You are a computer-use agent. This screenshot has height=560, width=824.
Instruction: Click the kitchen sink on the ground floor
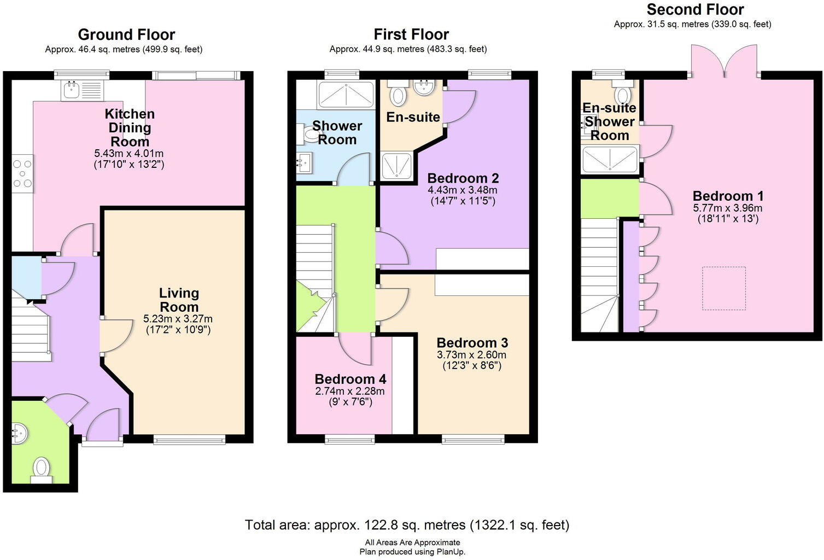pos(83,91)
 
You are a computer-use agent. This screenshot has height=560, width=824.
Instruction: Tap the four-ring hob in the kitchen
pos(23,173)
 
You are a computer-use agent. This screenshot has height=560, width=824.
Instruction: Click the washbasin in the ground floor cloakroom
pos(20,434)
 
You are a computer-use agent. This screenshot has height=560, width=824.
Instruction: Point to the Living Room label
pos(179,300)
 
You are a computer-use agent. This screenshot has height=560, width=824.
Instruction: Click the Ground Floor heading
pos(126,34)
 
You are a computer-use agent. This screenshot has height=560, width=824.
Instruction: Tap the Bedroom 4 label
pos(350,378)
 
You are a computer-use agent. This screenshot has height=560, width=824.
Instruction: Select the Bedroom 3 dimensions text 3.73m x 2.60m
pos(471,355)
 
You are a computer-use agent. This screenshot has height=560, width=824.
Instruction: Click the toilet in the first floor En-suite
pos(398,93)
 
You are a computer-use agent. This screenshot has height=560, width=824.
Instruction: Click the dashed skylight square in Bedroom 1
pos(724,288)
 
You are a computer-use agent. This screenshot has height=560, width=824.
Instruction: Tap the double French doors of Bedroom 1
pos(724,61)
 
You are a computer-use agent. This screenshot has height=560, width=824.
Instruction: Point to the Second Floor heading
pos(696,9)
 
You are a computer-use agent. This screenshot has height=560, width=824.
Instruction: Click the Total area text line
pos(407,525)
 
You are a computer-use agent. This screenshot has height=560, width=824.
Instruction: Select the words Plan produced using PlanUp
pos(412,552)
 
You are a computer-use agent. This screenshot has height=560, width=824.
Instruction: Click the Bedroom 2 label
pos(463,178)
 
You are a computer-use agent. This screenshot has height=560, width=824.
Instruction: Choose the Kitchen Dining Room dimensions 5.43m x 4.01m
pos(128,153)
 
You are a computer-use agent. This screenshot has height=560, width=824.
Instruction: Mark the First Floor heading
pos(411,34)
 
